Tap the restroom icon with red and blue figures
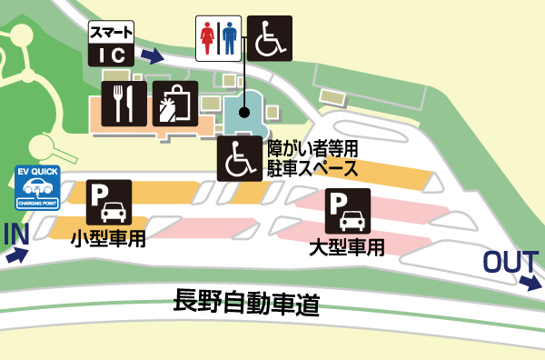click(218, 38)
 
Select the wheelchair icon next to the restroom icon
click(270, 38)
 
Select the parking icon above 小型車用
click(109, 203)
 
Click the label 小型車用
click(109, 238)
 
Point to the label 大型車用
click(348, 246)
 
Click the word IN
click(16, 234)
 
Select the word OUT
click(510, 262)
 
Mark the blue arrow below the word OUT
click(530, 283)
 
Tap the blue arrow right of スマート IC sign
click(153, 56)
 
